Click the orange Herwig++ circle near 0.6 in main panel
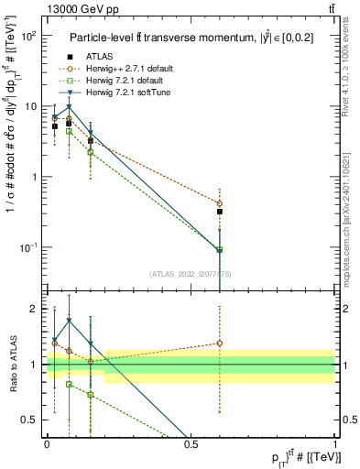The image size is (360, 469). click(x=220, y=203)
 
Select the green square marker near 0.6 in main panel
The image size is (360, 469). click(x=220, y=249)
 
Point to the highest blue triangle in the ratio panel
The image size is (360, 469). click(x=69, y=321)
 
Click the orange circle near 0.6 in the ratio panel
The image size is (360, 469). click(x=220, y=344)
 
